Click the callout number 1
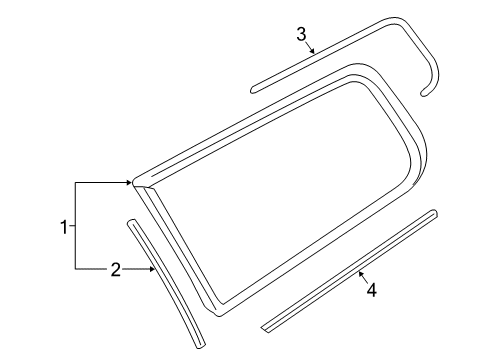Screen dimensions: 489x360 [x=64, y=227]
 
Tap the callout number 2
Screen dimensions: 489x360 [x=115, y=269]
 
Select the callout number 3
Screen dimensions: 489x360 [x=301, y=34]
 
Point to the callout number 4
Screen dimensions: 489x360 [x=371, y=290]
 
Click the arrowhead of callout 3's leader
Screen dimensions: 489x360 [x=313, y=51]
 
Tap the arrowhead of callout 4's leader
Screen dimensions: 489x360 [x=360, y=274]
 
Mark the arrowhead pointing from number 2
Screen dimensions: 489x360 [x=152, y=269]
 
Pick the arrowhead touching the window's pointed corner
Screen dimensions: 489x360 [x=129, y=182]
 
